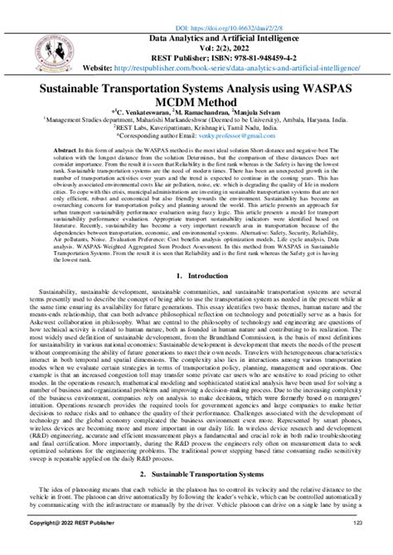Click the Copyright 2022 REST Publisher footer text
[x=67, y=547]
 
